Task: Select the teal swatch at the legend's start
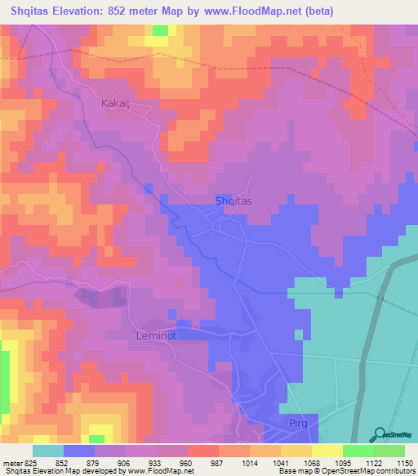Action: [48, 450]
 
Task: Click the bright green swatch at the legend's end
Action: [389, 450]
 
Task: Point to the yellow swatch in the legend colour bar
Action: [327, 450]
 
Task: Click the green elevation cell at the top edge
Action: [160, 30]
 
